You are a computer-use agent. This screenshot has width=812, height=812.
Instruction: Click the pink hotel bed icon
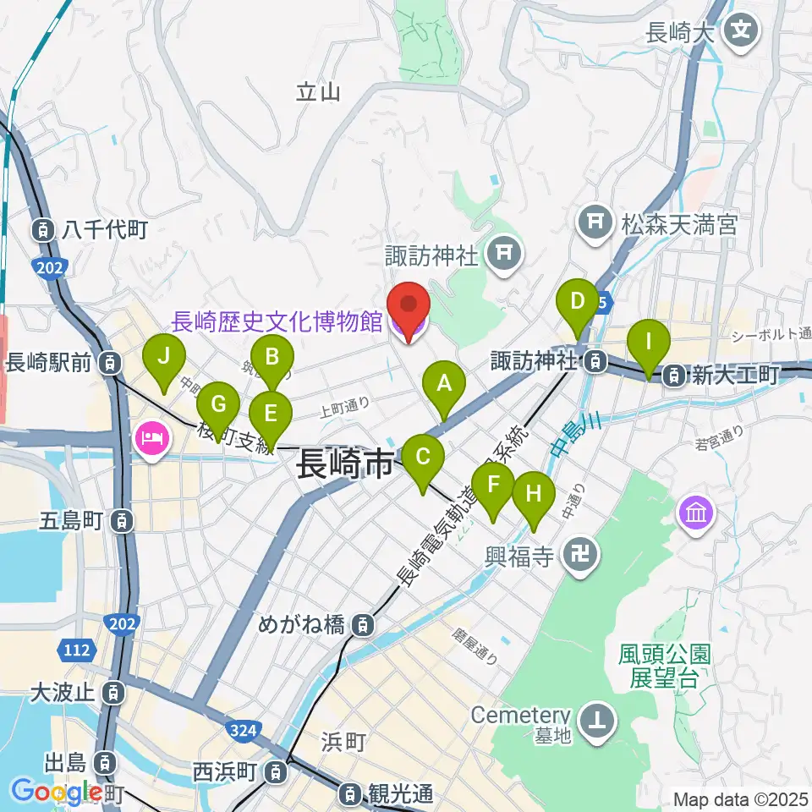[x=151, y=438]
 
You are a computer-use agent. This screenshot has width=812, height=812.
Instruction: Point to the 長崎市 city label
[x=345, y=465]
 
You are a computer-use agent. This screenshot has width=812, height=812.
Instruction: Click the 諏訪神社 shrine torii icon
[x=505, y=251]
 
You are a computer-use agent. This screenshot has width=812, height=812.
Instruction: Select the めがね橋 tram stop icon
[x=362, y=627]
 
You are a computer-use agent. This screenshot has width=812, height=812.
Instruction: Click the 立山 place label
[x=318, y=91]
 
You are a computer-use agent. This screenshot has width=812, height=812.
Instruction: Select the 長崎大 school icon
[x=742, y=33]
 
